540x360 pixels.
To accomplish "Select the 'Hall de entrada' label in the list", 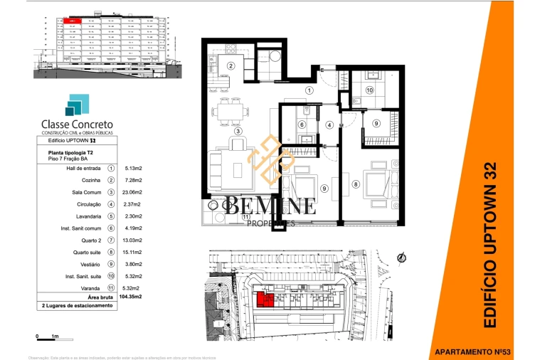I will (x=80, y=168).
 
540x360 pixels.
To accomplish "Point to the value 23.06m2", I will (x=133, y=192).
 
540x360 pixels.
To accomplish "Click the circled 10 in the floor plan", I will (x=370, y=90).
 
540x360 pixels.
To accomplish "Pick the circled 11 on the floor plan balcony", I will (x=245, y=217).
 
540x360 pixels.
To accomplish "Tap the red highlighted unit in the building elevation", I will (x=73, y=22).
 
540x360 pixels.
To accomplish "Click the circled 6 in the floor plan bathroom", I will (x=301, y=125).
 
